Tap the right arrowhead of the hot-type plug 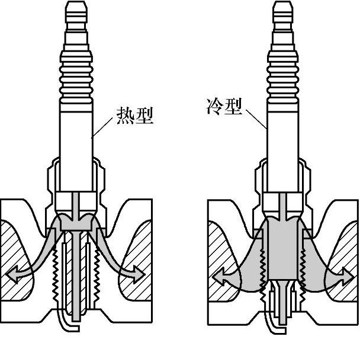click(139, 274)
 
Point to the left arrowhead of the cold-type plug click(218, 275)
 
